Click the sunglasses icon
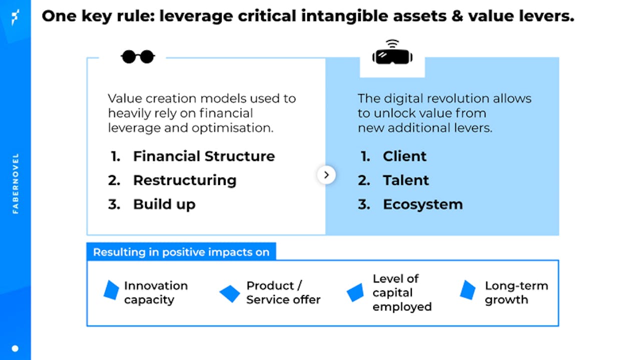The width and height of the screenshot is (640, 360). (138, 56)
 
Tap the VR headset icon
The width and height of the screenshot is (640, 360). (392, 52)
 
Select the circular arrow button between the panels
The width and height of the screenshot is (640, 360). (326, 174)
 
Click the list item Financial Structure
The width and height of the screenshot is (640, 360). (204, 156)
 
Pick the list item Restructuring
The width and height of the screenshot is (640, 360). (185, 180)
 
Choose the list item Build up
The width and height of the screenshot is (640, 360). (164, 204)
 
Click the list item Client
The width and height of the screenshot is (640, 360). (405, 156)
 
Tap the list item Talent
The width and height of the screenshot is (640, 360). (406, 180)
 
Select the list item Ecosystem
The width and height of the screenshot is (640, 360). (423, 204)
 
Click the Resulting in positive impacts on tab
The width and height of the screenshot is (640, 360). (181, 252)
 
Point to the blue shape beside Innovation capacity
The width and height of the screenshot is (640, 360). (111, 290)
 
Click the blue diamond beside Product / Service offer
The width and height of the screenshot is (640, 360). (230, 293)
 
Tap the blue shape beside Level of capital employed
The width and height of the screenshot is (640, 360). (355, 292)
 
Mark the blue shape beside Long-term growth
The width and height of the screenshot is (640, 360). (468, 290)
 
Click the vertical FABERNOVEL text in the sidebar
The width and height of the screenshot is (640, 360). (16, 183)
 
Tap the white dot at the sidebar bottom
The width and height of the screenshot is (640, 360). (15, 348)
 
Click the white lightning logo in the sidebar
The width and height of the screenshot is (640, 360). (15, 17)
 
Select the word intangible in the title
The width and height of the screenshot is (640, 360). (344, 16)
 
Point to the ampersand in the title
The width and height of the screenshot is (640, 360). (457, 15)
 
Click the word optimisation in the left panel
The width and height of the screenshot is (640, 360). (233, 128)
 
